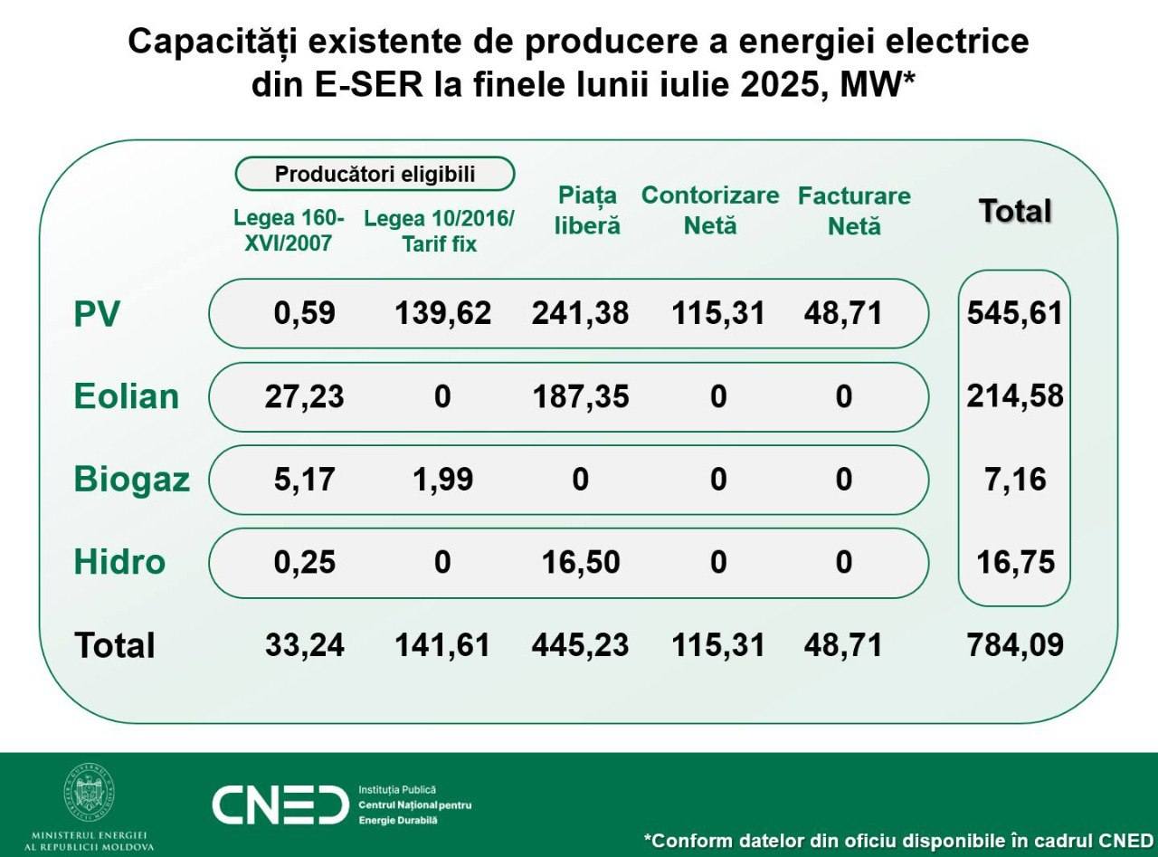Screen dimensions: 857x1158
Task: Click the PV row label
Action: [97, 314]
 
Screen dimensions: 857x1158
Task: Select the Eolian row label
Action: [127, 396]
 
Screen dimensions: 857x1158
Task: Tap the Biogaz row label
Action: [132, 479]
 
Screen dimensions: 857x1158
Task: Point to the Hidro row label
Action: [119, 562]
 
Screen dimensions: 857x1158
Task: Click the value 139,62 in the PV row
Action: [442, 313]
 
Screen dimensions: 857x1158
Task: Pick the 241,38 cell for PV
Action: [580, 313]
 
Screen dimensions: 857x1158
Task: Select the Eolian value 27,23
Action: [305, 396]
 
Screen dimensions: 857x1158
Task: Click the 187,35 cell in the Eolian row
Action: [580, 396]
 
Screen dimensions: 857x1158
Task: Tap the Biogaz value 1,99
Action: [442, 479]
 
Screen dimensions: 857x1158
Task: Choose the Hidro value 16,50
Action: [580, 562]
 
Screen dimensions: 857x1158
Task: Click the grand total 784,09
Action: [1015, 645]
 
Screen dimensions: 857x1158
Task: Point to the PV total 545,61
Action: [1015, 313]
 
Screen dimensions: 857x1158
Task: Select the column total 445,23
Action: [580, 645]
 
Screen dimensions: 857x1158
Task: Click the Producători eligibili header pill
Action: [375, 174]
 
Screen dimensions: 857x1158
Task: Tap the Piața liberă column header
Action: [587, 210]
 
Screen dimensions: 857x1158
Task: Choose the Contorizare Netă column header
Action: [710, 210]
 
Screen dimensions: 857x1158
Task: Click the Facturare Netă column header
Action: [854, 210]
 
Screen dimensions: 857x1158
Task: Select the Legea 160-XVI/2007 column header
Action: [289, 231]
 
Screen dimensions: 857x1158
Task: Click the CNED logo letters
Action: [280, 805]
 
